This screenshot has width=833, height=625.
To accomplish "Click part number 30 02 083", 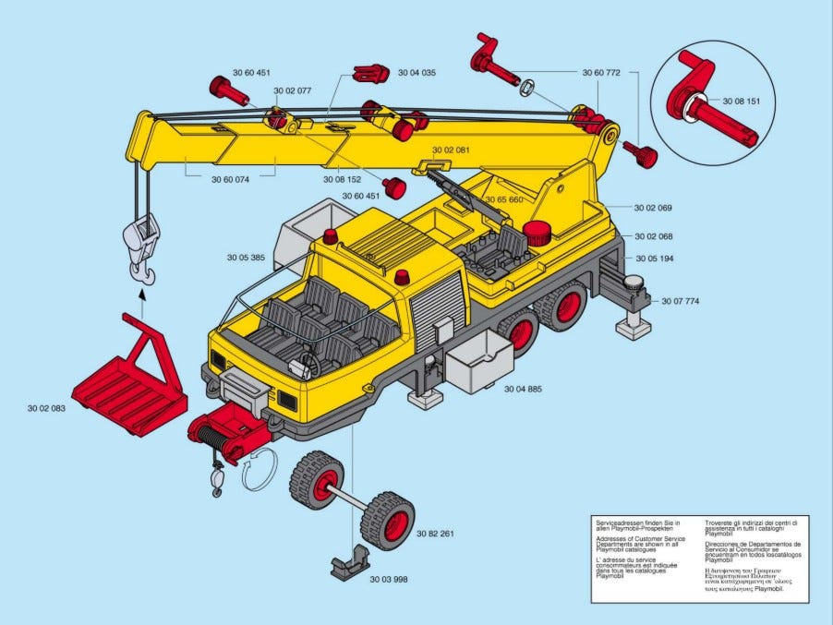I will pos(46,407).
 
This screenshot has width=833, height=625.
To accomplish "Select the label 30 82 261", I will pos(434,535).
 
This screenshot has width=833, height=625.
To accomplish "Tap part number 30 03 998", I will pos(388,580).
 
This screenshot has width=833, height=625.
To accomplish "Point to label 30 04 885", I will pos(523,389).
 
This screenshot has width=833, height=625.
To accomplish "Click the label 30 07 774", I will pos(681,301).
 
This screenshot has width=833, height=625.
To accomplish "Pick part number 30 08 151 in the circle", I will pos(742,101).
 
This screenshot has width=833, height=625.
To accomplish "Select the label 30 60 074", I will pos(230,180).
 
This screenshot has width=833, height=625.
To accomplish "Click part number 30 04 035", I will pos(416,71).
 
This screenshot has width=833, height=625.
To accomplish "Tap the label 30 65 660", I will pos(504,199).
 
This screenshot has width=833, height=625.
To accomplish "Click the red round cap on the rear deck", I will pos(536,232).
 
